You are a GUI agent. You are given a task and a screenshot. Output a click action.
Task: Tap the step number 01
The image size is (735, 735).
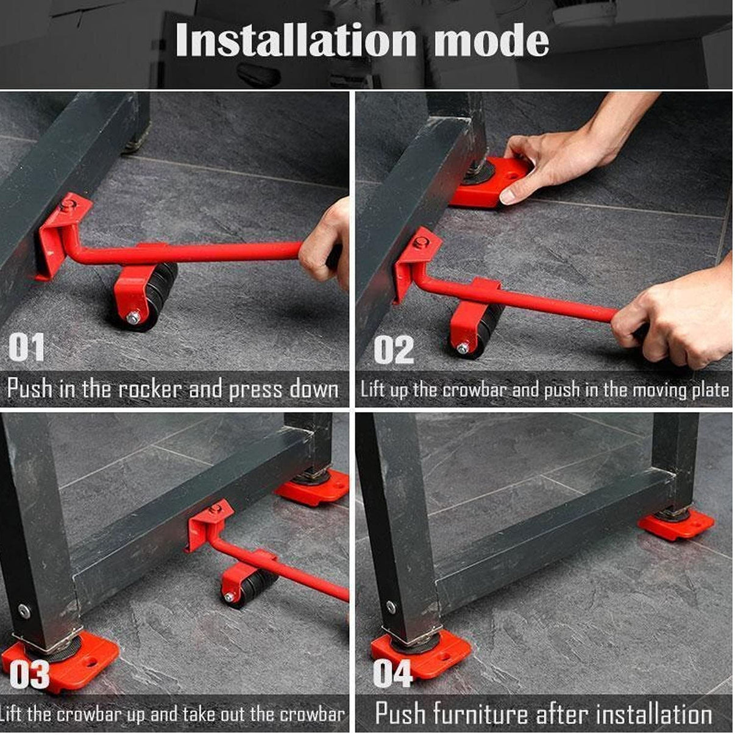pos(26,348)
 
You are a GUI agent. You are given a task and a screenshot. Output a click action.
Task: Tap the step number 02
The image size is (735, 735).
pos(393,350)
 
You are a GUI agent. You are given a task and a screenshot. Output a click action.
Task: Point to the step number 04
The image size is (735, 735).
pos(392,673)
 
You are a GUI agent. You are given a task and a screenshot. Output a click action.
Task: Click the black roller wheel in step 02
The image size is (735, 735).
pos(488,329)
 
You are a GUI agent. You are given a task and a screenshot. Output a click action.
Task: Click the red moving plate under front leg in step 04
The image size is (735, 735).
pos(421,655)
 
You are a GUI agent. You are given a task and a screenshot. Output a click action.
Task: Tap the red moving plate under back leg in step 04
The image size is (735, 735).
pos(676,524)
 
